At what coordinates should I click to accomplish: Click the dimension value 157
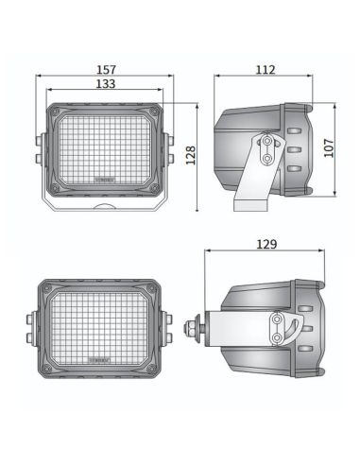pos(105,69)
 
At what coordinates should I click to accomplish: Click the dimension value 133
pos(105,85)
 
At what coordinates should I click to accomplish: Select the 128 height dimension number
pos(189,153)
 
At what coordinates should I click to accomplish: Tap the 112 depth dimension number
pos(264,69)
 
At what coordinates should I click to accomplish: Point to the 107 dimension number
pos(329,149)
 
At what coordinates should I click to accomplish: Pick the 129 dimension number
pos(266,246)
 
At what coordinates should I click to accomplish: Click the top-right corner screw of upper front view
pos(156,112)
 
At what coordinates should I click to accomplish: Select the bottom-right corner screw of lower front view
pos(155,364)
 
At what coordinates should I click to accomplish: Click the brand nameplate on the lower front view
pos(98,360)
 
